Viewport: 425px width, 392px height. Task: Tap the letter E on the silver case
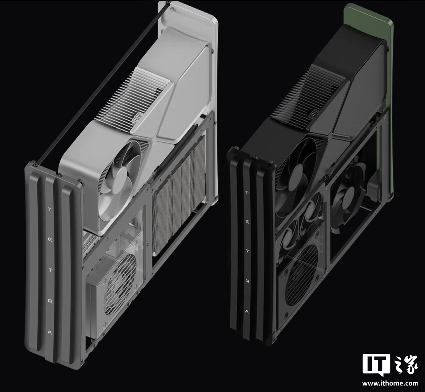50,240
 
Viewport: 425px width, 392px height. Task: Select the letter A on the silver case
50,333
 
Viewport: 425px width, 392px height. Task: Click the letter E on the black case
247,222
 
